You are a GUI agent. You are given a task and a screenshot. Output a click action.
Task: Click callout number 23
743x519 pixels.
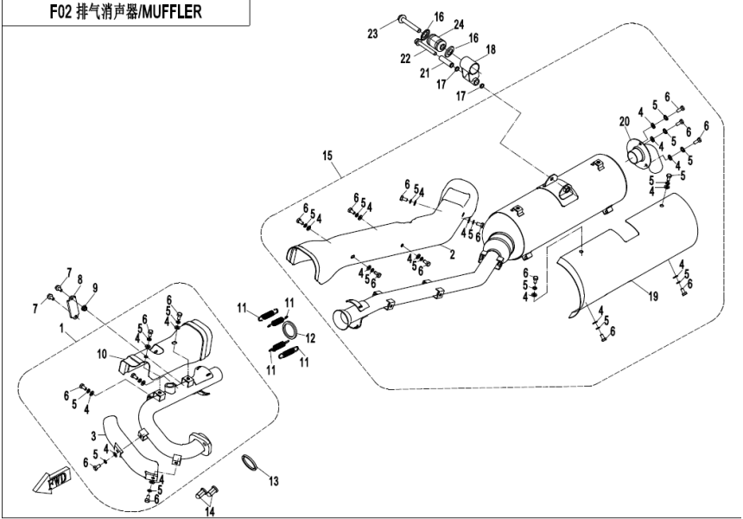(x=372, y=34)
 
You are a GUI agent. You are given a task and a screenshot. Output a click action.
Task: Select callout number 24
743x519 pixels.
(x=459, y=23)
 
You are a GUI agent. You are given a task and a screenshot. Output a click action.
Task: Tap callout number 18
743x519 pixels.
(x=491, y=51)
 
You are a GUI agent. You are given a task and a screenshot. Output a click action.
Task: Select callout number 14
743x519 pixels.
(x=209, y=511)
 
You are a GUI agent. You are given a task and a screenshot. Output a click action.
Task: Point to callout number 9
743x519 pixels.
(x=95, y=287)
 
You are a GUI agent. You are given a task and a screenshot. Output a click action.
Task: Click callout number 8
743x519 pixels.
(x=79, y=279)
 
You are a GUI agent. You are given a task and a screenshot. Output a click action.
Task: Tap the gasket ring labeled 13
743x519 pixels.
(x=248, y=465)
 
